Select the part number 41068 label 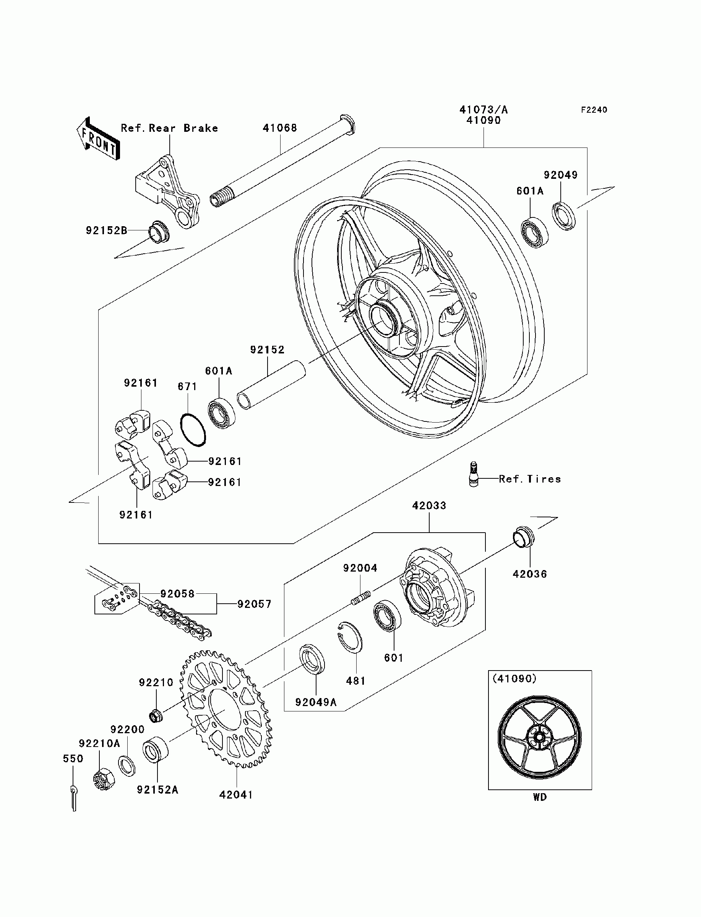pyautogui.click(x=279, y=128)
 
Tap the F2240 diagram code pyautogui.click(x=594, y=110)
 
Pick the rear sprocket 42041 pyautogui.click(x=226, y=708)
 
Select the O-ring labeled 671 pyautogui.click(x=193, y=430)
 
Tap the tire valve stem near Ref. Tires pyautogui.click(x=473, y=474)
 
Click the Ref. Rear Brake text pyautogui.click(x=169, y=128)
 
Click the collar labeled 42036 pyautogui.click(x=524, y=537)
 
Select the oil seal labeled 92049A pyautogui.click(x=313, y=658)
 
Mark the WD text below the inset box pyautogui.click(x=540, y=797)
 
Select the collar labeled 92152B pyautogui.click(x=159, y=232)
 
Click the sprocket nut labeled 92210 pyautogui.click(x=156, y=716)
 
